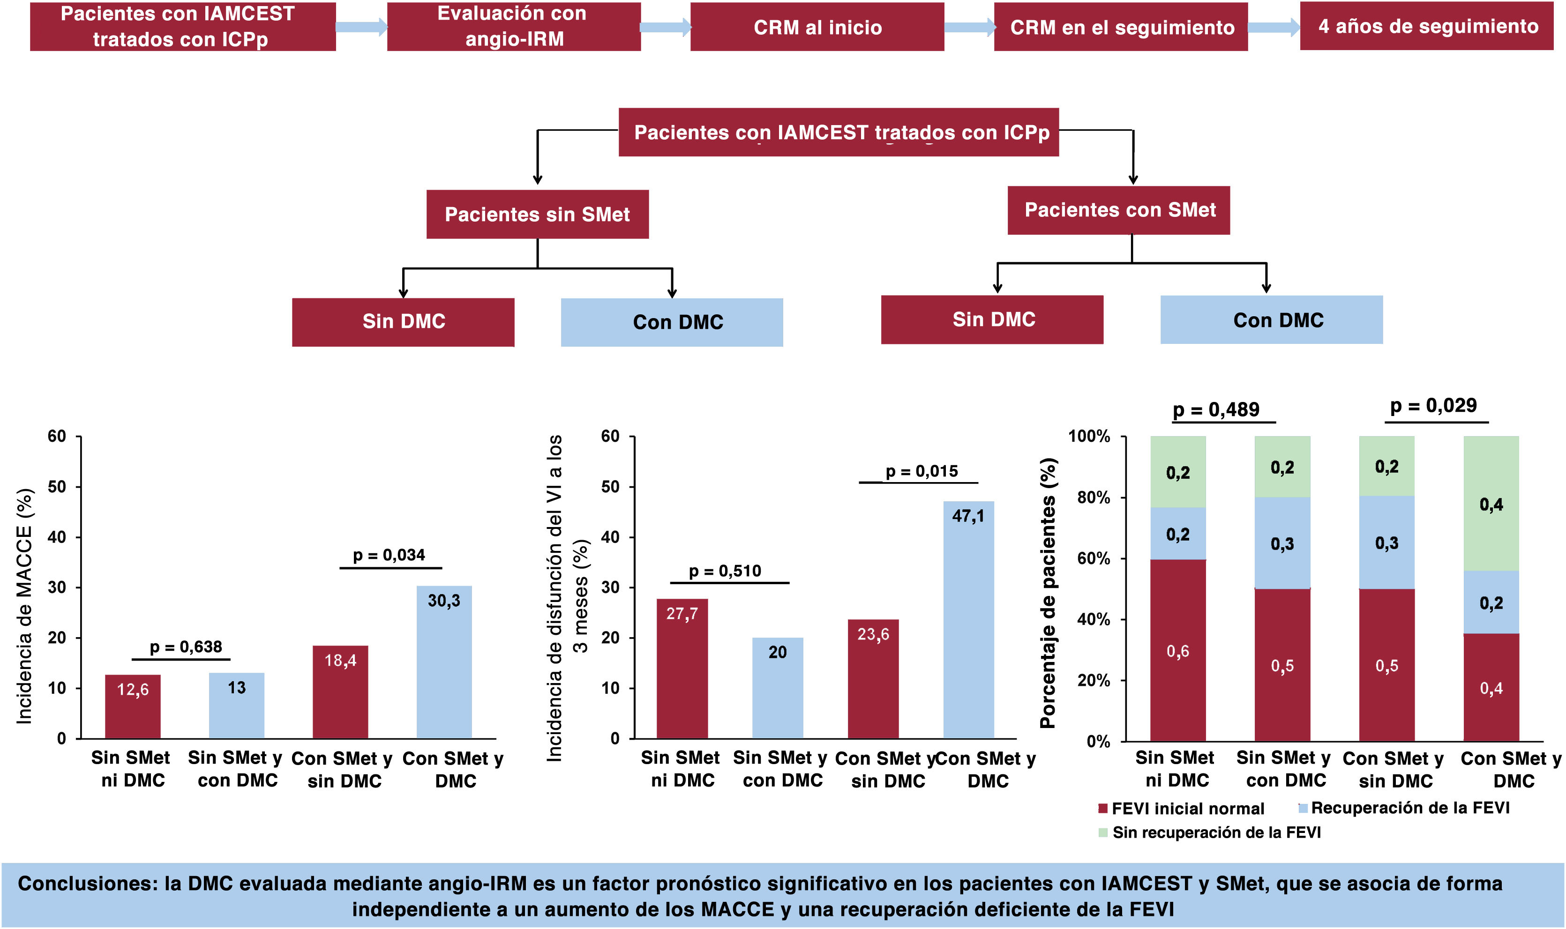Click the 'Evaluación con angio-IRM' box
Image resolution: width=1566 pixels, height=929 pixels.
click(x=513, y=26)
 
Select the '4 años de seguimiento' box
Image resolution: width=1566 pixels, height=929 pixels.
click(x=1426, y=26)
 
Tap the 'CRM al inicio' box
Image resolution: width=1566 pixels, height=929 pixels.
click(x=817, y=27)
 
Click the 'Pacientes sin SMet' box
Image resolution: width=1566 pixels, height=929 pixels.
click(x=537, y=214)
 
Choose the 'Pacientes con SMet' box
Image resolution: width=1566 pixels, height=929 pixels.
click(x=1118, y=210)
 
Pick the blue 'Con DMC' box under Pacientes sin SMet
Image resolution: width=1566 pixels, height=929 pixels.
click(x=672, y=322)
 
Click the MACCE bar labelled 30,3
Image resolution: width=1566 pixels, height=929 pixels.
click(x=444, y=662)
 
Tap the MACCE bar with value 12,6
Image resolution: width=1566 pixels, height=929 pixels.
click(x=133, y=707)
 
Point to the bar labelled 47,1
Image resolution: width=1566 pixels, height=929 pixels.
click(x=968, y=620)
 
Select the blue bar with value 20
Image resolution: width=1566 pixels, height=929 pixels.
click(x=777, y=688)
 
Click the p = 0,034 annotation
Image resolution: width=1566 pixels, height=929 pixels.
click(x=389, y=555)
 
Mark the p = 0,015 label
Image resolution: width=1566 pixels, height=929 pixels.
click(x=922, y=471)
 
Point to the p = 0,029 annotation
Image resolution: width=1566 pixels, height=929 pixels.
click(x=1433, y=406)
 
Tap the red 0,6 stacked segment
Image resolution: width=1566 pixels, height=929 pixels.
click(x=1178, y=650)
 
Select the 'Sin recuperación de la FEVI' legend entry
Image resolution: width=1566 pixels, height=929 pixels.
click(x=1210, y=832)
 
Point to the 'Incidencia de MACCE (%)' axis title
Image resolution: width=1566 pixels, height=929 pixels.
click(x=24, y=606)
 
